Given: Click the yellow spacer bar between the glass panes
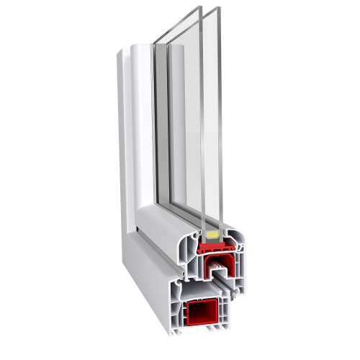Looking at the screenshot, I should coord(212,235).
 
